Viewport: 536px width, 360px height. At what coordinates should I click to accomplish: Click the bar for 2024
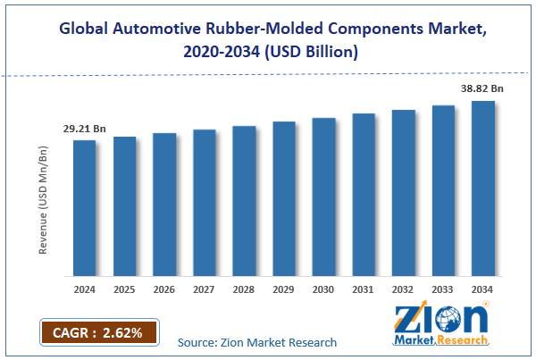pyautogui.click(x=84, y=208)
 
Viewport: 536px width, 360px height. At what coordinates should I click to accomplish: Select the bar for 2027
pyautogui.click(x=204, y=203)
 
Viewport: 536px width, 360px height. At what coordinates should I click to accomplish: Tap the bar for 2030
pyautogui.click(x=323, y=197)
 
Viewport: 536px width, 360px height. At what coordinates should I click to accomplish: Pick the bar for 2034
pyautogui.click(x=483, y=188)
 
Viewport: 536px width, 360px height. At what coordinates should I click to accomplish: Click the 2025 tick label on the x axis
pyautogui.click(x=124, y=290)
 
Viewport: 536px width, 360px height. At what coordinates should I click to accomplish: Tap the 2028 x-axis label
pyautogui.click(x=244, y=290)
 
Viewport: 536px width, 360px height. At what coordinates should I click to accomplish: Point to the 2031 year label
pyautogui.click(x=364, y=290)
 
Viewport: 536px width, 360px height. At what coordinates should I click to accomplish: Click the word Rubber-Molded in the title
pyautogui.click(x=242, y=28)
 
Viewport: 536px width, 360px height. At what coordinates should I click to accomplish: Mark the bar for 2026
pyautogui.click(x=163, y=205)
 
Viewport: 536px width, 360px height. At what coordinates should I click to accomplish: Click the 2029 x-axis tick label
pyautogui.click(x=284, y=290)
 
